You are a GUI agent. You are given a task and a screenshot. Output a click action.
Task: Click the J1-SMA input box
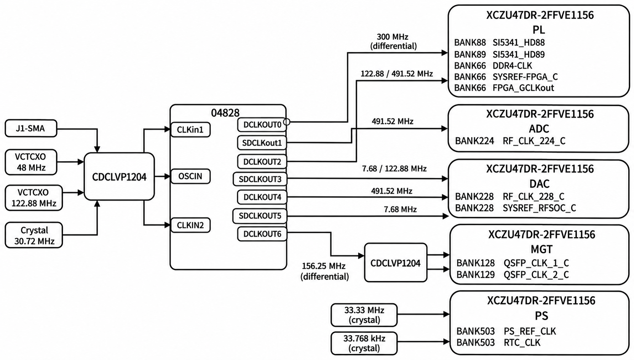[x=31, y=128]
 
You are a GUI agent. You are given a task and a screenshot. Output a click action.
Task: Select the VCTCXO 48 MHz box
[x=31, y=162]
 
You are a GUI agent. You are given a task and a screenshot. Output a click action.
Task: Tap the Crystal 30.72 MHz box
[x=34, y=235]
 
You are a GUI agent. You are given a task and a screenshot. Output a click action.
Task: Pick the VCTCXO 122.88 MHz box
[x=34, y=198]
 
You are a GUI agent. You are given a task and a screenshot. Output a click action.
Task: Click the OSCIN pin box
[x=190, y=176]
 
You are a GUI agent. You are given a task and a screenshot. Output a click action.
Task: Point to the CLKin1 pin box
[x=190, y=130]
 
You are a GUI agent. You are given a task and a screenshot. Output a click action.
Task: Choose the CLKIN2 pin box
[x=190, y=225]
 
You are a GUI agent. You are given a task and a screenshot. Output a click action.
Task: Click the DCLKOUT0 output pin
[x=262, y=125]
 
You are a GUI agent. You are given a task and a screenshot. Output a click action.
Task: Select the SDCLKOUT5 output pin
[x=260, y=216]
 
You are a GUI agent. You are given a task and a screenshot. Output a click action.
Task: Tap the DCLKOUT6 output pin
[x=262, y=234]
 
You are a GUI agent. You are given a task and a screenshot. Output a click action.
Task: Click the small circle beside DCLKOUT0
[x=287, y=122]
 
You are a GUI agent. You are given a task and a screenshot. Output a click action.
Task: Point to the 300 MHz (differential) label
[x=393, y=42]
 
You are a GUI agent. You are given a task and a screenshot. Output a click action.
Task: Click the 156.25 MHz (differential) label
[x=324, y=271]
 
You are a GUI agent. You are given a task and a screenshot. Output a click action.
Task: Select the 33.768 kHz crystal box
[x=364, y=343]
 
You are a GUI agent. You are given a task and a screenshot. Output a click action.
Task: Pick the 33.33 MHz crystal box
[x=364, y=315]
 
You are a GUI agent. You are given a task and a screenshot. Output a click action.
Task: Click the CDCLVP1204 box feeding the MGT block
[x=395, y=262]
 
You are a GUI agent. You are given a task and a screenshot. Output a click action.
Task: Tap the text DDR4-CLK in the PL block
[x=512, y=66]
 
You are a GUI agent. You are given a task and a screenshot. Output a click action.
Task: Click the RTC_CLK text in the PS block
[x=522, y=342]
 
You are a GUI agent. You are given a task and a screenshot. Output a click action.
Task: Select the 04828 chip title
[x=225, y=113]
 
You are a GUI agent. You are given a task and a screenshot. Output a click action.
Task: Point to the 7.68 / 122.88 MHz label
[x=394, y=168]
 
